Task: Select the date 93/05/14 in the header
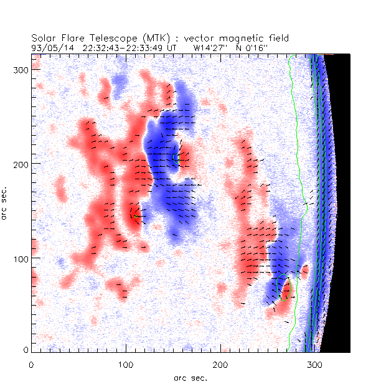tap(49, 47)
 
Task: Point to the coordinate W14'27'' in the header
tap(212, 47)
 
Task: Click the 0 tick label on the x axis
tap(31, 363)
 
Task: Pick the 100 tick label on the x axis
tap(126, 363)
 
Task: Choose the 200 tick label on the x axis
tap(220, 363)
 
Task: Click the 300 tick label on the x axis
tap(314, 363)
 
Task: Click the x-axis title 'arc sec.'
tap(190, 377)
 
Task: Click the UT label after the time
tap(172, 47)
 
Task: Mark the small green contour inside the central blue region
tap(176, 158)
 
